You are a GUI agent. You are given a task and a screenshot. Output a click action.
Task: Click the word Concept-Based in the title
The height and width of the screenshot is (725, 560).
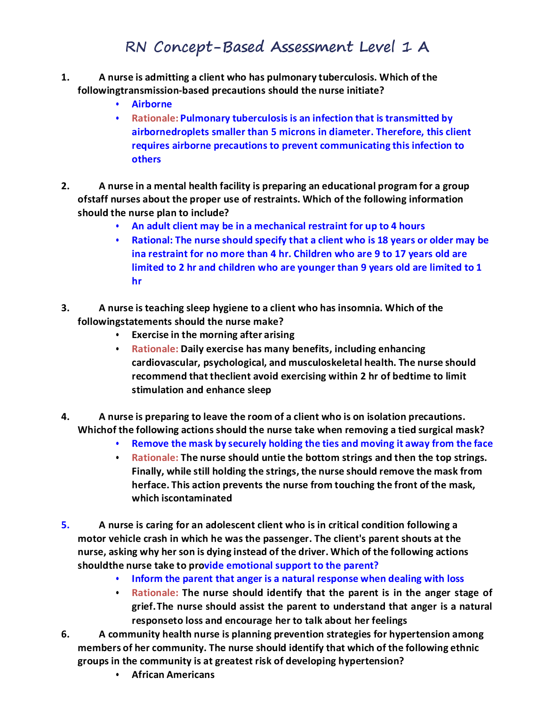209,47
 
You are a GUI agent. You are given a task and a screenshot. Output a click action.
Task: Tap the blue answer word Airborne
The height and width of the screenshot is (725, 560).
152,104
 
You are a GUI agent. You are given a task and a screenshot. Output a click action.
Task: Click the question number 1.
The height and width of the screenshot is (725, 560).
65,77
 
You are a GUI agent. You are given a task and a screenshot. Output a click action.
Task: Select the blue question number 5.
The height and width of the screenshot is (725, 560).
65,525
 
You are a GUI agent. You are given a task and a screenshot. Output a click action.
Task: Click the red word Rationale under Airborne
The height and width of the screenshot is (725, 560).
154,118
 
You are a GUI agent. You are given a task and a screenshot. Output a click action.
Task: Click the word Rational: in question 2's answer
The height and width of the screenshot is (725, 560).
152,240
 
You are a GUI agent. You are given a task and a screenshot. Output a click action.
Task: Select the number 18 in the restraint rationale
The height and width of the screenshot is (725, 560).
383,240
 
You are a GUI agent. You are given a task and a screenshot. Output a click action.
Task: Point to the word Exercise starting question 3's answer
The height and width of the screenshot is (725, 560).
150,335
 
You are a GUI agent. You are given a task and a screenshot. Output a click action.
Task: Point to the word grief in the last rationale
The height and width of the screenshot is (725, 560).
143,606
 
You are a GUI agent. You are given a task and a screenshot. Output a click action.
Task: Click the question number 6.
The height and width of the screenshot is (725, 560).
65,634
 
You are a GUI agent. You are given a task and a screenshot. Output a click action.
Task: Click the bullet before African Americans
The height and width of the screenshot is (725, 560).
118,675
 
